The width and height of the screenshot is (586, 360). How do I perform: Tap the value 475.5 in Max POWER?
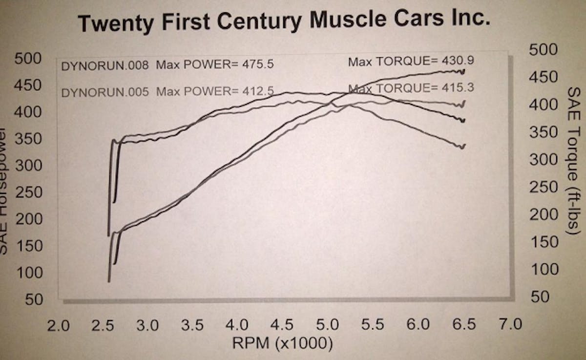[x=254, y=64]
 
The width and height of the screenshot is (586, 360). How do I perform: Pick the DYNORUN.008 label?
[x=105, y=65]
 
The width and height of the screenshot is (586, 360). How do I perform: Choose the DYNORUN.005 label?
[x=105, y=91]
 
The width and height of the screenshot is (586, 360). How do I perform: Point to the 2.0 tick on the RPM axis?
[x=59, y=324]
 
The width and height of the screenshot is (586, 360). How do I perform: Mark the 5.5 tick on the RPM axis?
[x=374, y=324]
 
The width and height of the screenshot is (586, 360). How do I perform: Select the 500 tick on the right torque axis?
[x=543, y=50]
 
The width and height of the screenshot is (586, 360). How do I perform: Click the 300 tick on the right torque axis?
[x=543, y=160]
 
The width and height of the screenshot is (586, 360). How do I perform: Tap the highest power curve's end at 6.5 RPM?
[x=463, y=71]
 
